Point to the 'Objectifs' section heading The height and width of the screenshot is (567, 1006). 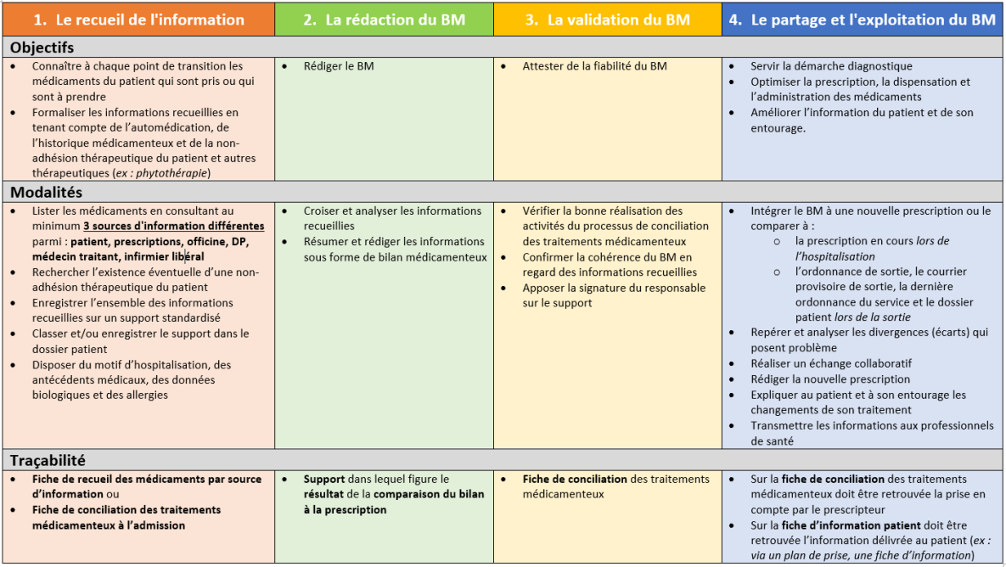click(42, 48)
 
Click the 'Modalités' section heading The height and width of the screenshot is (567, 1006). click(46, 193)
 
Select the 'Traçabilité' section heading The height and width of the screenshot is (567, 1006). click(48, 460)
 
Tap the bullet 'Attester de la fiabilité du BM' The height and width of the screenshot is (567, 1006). click(594, 66)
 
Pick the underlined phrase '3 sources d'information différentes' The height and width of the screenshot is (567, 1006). click(173, 227)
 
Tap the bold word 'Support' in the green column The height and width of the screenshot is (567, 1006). click(324, 480)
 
